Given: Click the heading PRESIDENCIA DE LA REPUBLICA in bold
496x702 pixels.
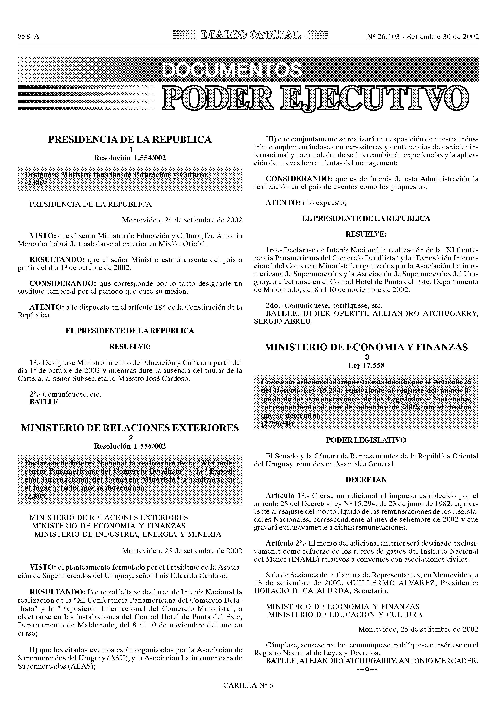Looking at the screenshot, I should click(x=130, y=139).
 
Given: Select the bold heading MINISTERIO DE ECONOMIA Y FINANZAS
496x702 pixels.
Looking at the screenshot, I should click(x=366, y=347).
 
